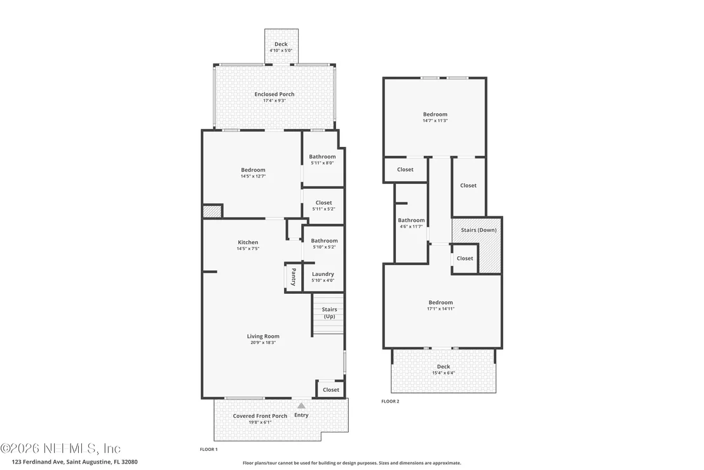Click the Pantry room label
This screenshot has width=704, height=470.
coord(294,277)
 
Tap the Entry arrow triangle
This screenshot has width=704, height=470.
coord(301,406)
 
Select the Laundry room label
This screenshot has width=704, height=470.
coord(323,274)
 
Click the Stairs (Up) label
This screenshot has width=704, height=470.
coord(329,313)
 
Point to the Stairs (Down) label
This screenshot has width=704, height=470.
coord(478,230)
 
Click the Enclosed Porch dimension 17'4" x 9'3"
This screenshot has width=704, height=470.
coord(274,100)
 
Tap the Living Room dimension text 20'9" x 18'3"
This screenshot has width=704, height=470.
coord(263,342)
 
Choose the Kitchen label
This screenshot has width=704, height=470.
coord(248,242)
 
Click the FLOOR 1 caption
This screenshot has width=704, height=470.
coord(209,450)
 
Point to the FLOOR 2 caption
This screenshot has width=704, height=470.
coord(390,401)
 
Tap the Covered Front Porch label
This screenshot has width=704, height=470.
coord(260,416)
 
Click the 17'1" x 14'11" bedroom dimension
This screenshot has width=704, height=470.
coord(441,308)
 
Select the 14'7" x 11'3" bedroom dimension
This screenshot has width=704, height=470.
coord(435,120)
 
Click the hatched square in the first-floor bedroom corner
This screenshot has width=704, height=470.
coord(212,211)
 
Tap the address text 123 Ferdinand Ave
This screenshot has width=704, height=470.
coord(39,462)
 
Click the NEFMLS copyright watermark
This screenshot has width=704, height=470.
coord(60,448)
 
